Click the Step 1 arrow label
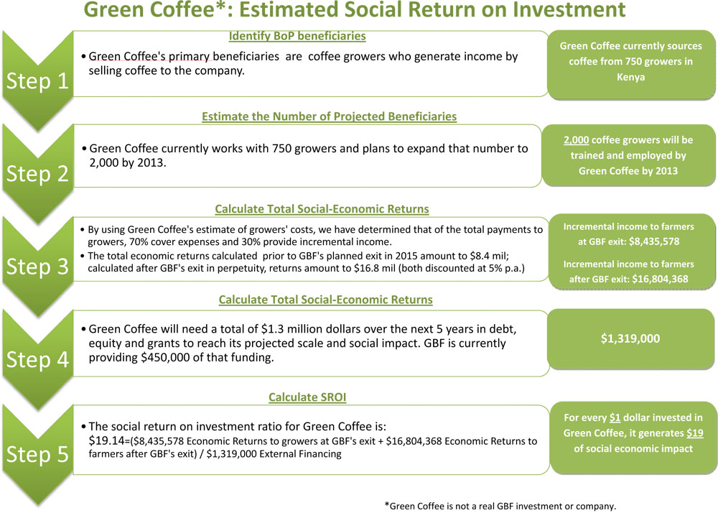click(x=37, y=81)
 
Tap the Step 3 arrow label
click(x=37, y=267)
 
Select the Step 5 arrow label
click(x=37, y=454)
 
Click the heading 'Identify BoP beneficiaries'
click(x=297, y=36)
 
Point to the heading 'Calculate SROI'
click(x=307, y=397)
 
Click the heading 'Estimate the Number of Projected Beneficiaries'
click(x=330, y=116)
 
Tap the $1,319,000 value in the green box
click(x=630, y=338)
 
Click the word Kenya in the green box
click(x=630, y=77)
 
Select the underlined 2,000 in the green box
click(x=576, y=140)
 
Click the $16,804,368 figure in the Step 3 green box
click(x=660, y=279)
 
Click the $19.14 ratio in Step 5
click(x=106, y=440)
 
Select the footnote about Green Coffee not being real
click(x=500, y=506)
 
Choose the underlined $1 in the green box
click(x=615, y=417)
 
